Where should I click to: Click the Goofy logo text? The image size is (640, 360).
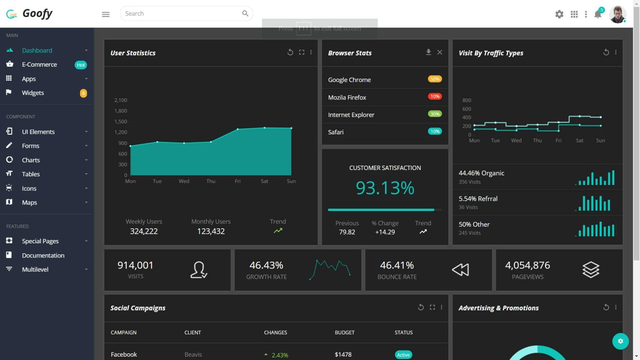(37, 13)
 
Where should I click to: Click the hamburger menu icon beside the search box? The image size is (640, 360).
(106, 14)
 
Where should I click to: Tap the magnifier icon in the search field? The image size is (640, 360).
(245, 13)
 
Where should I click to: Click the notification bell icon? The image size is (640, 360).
(597, 15)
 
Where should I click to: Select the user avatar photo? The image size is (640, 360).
(617, 14)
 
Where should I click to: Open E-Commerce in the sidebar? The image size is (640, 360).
(39, 65)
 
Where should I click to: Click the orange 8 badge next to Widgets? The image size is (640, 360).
(83, 93)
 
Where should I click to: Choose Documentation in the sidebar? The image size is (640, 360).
(43, 255)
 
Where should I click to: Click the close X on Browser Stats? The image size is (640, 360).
(440, 52)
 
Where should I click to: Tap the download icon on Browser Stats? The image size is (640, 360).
(428, 52)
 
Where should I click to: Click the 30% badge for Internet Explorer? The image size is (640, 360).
(435, 114)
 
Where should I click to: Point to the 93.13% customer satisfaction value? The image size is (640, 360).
(385, 188)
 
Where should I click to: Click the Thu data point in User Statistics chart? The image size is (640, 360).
(211, 142)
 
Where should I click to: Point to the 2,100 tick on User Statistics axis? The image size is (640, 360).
(121, 100)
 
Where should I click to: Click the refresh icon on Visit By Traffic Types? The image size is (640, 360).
(606, 52)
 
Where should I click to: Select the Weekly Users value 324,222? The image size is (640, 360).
(144, 231)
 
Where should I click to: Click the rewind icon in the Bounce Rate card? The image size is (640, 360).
(460, 270)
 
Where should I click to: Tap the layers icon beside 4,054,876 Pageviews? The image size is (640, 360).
(590, 270)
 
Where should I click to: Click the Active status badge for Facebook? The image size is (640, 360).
(403, 355)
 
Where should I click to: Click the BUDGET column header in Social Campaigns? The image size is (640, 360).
(345, 332)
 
